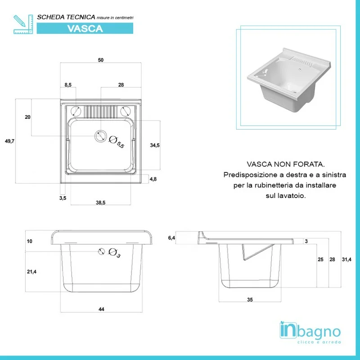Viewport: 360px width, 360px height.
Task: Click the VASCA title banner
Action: point(85,28)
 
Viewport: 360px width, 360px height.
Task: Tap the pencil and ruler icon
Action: point(23,24)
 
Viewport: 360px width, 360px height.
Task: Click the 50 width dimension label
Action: point(100,60)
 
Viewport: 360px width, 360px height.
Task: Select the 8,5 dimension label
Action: point(68,85)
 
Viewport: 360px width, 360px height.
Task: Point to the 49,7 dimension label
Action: point(9,141)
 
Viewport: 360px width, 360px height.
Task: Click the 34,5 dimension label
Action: point(155,145)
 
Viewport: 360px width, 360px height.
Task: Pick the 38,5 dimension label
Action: point(100,202)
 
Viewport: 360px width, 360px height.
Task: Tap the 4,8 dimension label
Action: point(153,179)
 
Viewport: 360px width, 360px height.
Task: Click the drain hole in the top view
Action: point(100,136)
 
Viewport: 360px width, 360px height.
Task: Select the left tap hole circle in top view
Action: point(76,112)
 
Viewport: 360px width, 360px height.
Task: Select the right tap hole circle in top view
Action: point(126,112)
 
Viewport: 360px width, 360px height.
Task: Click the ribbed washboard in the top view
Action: point(100,112)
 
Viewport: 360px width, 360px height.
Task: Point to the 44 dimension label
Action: point(101,309)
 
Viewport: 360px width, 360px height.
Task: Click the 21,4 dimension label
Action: point(31,272)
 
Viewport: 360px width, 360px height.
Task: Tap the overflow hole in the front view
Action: point(101,252)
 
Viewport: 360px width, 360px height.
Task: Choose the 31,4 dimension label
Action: point(346,260)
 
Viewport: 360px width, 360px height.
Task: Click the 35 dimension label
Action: point(250,300)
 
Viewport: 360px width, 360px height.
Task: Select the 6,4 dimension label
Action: point(171,238)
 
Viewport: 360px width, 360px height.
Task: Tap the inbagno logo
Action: point(310,333)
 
